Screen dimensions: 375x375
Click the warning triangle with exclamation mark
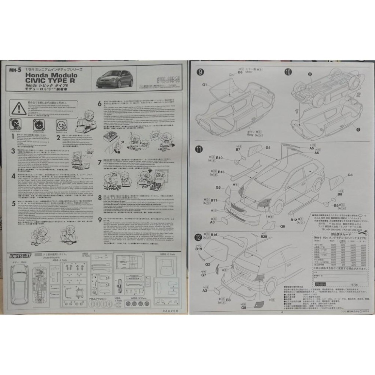click(18, 109)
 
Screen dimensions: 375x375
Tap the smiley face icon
click(61, 124)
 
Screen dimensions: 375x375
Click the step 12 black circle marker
click(198, 237)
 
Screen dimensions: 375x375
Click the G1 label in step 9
click(205, 85)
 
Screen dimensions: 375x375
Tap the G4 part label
click(268, 148)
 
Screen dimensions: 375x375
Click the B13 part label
click(221, 172)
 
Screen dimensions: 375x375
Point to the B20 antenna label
click(264, 237)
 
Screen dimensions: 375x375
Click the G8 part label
click(243, 307)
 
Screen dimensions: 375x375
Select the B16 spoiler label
click(214, 235)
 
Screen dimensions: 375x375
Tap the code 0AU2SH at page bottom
click(171, 311)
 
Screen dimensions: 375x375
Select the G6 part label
click(282, 226)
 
